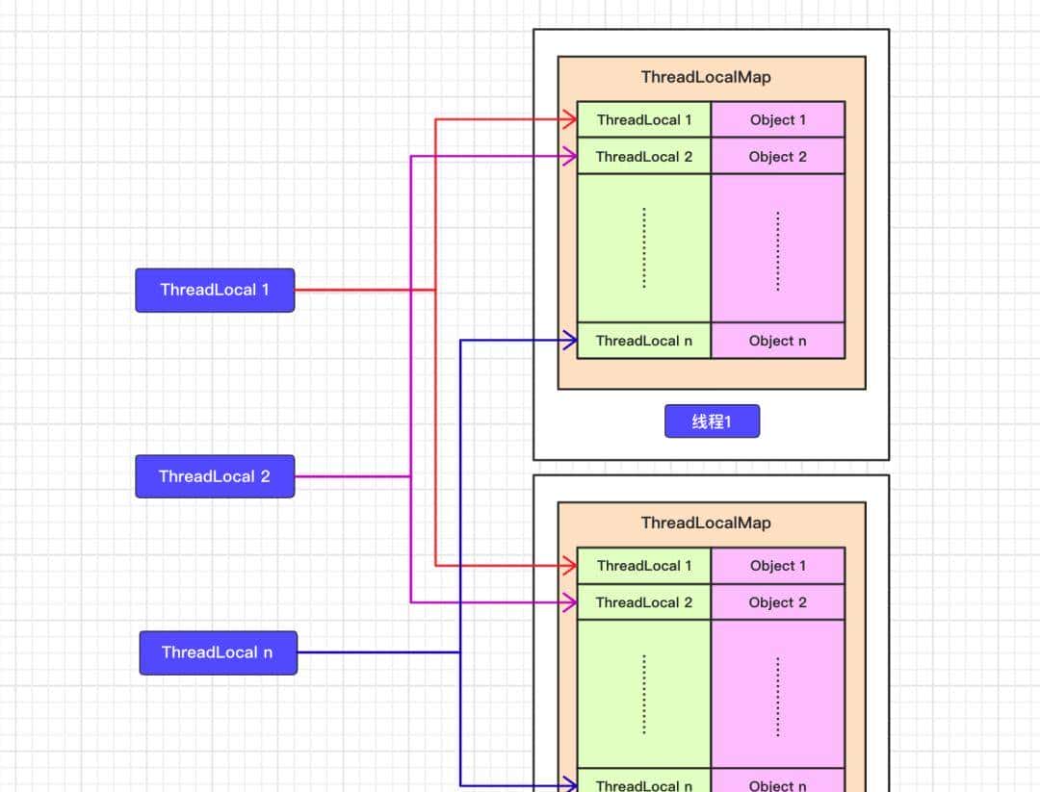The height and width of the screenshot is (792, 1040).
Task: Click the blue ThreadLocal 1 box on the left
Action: [x=215, y=290]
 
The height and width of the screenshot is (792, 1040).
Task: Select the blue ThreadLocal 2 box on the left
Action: [x=215, y=476]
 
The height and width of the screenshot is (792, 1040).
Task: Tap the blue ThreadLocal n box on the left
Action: [x=218, y=652]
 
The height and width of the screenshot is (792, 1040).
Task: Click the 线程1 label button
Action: [x=712, y=422]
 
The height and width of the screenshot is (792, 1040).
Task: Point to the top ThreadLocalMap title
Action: [x=706, y=77]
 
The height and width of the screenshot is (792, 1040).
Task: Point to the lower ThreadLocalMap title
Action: [x=706, y=523]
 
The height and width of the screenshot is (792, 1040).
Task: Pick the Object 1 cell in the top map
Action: [x=778, y=120]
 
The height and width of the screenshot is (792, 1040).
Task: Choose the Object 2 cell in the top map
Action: [x=778, y=157]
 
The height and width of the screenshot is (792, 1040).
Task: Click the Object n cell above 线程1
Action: [x=778, y=341]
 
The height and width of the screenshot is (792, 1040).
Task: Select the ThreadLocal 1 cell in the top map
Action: [x=644, y=120]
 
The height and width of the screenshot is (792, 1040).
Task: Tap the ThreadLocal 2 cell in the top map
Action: [x=644, y=157]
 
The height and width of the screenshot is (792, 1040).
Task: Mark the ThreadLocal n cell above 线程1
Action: [x=644, y=341]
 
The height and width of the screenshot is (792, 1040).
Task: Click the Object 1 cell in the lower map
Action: [x=778, y=566]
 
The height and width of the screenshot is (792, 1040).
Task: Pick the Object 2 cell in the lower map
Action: [x=778, y=602]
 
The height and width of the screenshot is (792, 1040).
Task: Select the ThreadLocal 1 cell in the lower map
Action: [x=644, y=566]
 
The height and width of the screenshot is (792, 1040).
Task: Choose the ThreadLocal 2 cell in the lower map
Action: [x=644, y=602]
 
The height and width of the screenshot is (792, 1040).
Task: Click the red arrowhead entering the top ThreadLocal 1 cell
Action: [x=569, y=120]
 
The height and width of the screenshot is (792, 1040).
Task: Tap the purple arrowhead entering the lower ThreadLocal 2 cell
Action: [x=569, y=602]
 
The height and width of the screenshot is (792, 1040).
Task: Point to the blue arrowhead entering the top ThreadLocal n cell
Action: [x=569, y=340]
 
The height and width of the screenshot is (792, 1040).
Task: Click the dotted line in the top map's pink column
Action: [x=778, y=250]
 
